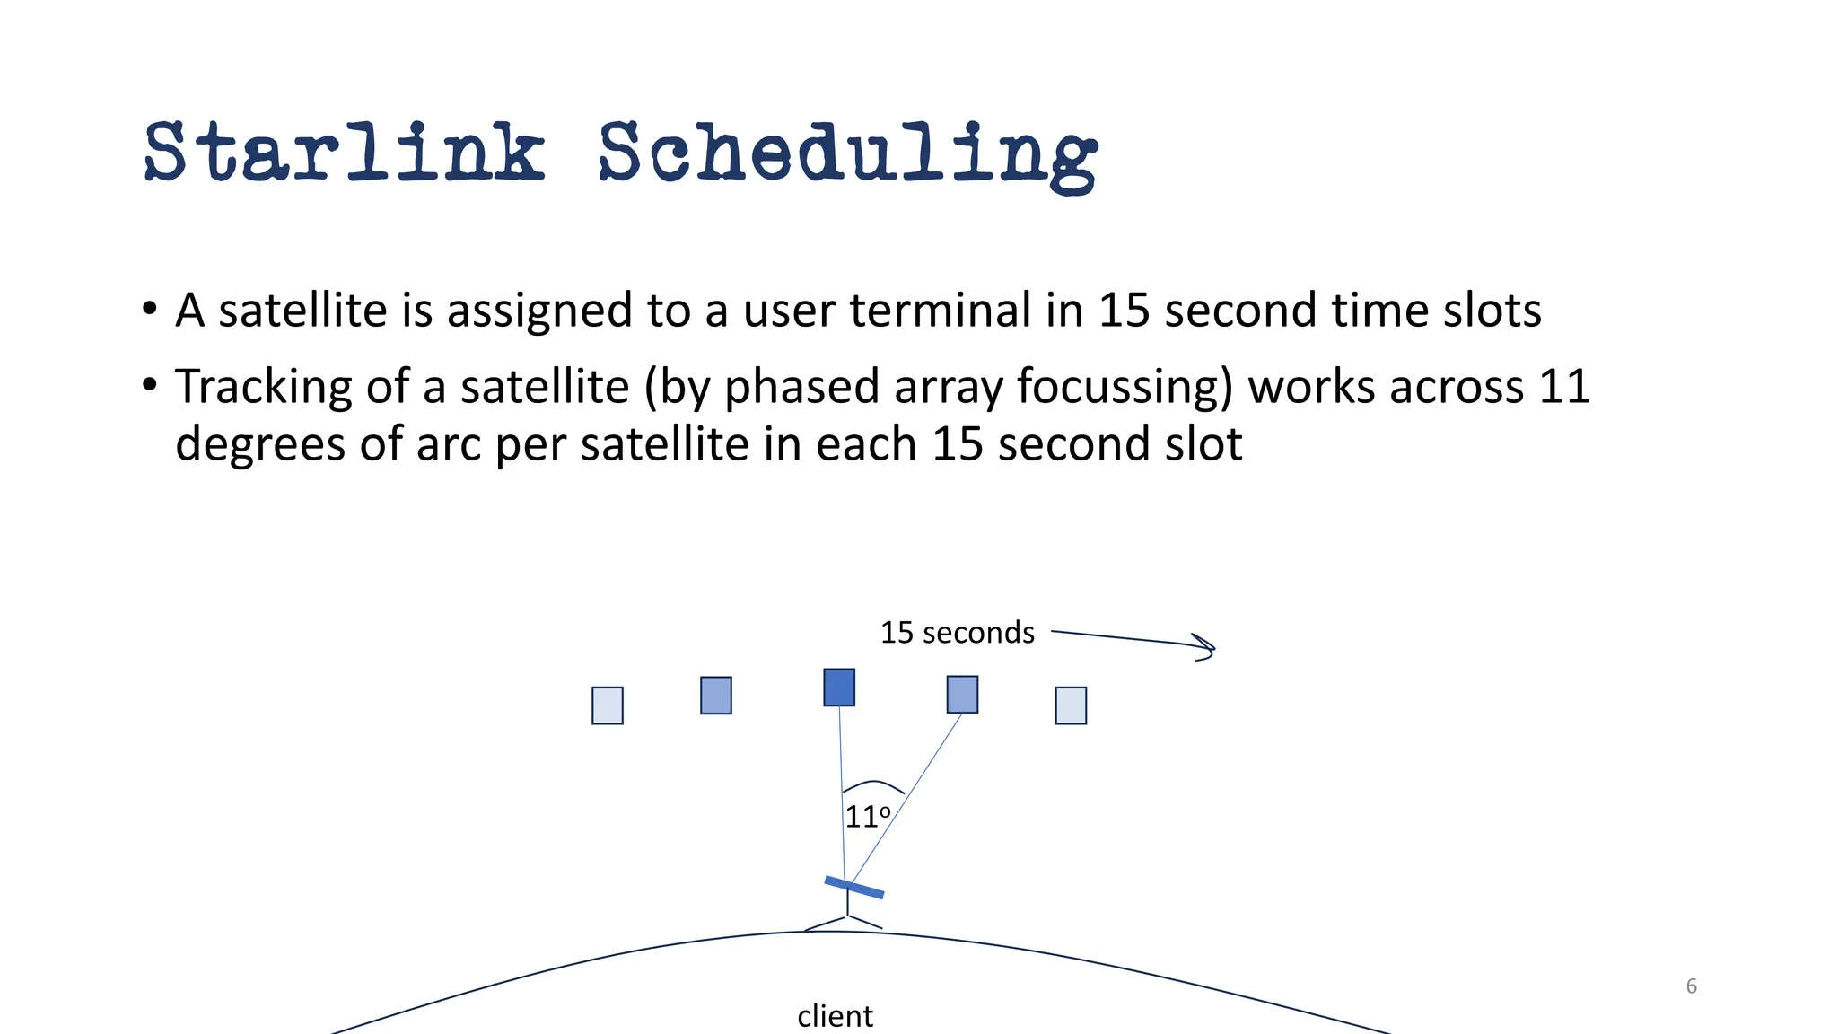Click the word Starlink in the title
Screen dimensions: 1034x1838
[x=345, y=153]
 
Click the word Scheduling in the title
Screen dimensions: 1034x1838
[x=847, y=154]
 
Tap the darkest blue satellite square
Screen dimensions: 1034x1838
[x=839, y=688]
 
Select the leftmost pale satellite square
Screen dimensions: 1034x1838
[x=608, y=705]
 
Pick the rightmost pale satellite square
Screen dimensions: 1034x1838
[x=1071, y=705]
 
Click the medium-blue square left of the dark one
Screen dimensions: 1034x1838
[x=716, y=696]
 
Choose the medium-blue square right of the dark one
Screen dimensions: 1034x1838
[x=962, y=695]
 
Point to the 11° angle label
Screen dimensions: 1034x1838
[x=867, y=817]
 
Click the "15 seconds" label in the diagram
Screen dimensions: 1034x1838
[x=957, y=633]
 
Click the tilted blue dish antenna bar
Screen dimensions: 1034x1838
[x=854, y=888]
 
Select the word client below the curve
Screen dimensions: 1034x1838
[x=835, y=1016]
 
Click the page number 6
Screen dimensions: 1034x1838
[x=1692, y=986]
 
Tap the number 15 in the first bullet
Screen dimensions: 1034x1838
[x=1125, y=311]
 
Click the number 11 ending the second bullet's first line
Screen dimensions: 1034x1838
[x=1564, y=387]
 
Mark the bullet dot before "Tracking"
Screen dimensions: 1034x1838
[x=150, y=386]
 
